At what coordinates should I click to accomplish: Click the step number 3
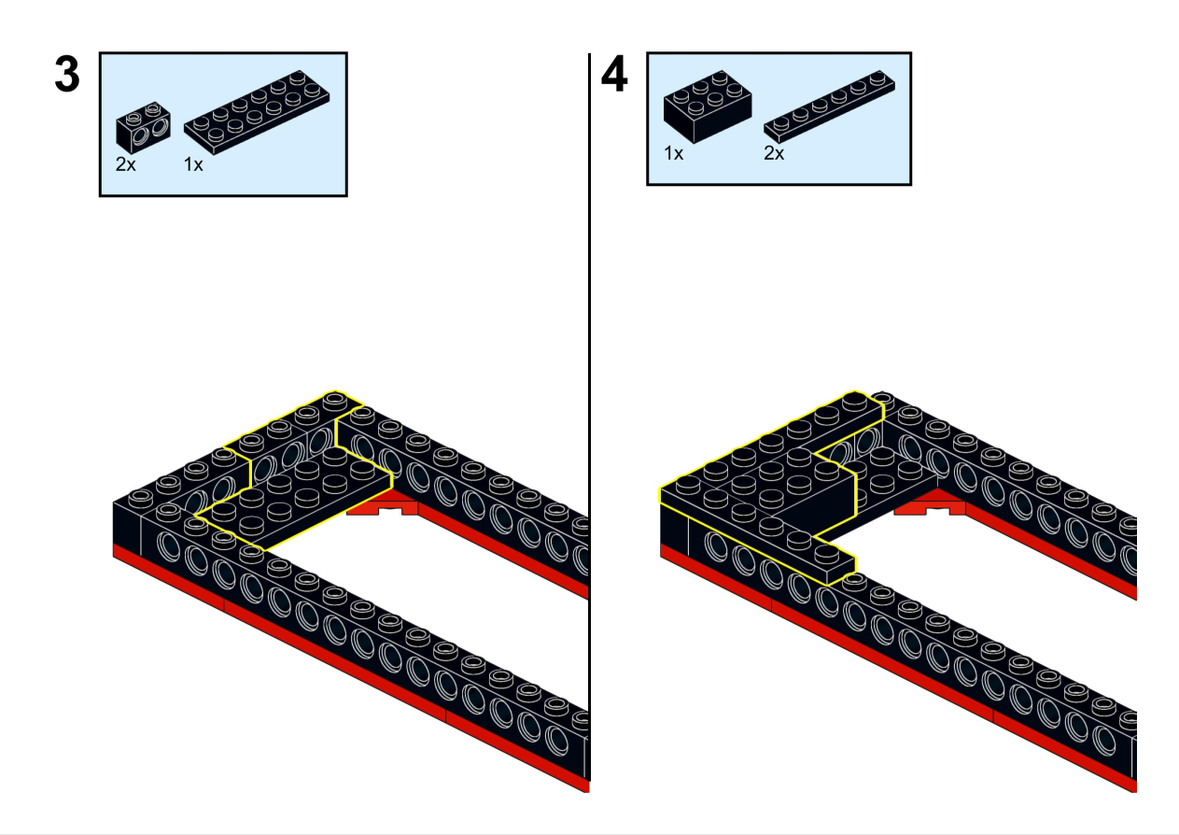tap(67, 75)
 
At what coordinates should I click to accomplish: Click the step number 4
tap(613, 75)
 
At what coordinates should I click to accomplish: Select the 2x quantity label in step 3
tap(126, 164)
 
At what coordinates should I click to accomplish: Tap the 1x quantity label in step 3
tap(193, 164)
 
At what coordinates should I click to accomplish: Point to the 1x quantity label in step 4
tap(673, 153)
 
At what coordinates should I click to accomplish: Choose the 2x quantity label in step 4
tap(774, 153)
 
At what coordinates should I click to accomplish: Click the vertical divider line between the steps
tap(590, 420)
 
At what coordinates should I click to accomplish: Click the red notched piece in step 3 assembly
tap(383, 508)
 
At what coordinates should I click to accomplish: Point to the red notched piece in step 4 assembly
tap(929, 508)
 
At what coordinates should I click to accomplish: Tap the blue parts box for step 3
tap(223, 124)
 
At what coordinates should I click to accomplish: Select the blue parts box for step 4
tap(779, 119)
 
